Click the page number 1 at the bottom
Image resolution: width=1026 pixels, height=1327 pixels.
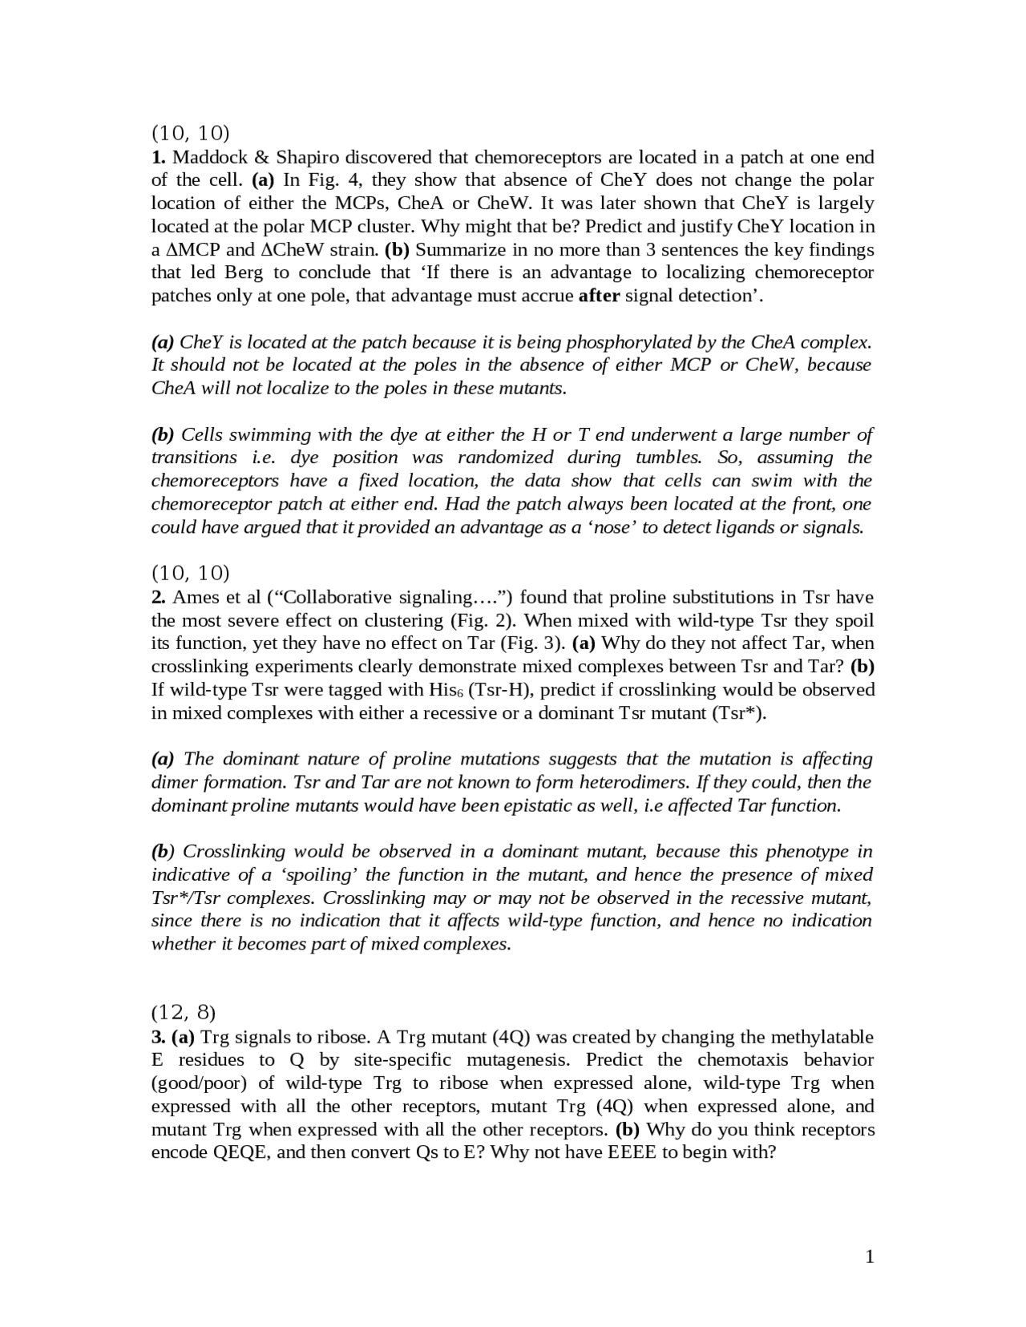[x=870, y=1256]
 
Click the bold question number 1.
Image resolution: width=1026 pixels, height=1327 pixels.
[x=158, y=157]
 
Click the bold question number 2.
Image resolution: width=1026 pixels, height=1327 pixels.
[x=158, y=597]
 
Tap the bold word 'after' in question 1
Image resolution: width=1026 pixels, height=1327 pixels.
[x=599, y=296]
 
